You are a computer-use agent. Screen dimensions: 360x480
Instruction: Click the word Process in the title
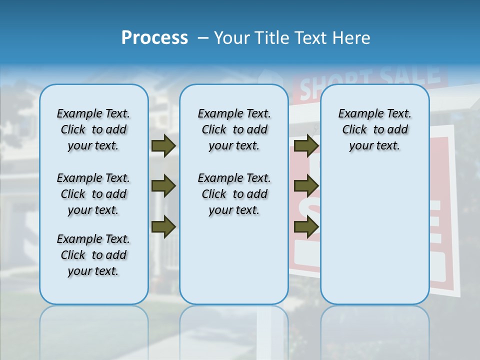[154, 38]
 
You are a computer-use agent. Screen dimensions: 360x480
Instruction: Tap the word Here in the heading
[351, 38]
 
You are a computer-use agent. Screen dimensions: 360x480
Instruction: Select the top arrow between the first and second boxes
[163, 146]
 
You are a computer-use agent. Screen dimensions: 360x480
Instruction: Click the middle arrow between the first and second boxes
[163, 186]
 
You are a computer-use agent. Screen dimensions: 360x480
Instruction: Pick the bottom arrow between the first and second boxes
[163, 227]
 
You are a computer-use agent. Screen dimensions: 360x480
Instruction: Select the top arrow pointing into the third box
[306, 146]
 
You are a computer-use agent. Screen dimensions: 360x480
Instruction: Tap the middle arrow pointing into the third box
[306, 186]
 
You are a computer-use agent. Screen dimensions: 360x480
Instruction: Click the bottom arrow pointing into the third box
[306, 227]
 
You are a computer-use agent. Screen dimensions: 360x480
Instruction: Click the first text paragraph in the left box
[93, 129]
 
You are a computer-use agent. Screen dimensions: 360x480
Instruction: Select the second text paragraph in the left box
[93, 194]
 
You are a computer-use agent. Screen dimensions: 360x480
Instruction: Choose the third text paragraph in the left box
[93, 255]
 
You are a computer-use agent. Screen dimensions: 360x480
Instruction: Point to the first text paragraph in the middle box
[234, 129]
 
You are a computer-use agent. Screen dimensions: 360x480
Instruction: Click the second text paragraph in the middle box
[234, 194]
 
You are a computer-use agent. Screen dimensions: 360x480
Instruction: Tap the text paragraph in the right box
[374, 129]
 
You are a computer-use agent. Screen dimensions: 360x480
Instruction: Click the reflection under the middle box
[234, 325]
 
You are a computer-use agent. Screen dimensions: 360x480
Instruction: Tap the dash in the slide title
[203, 38]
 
